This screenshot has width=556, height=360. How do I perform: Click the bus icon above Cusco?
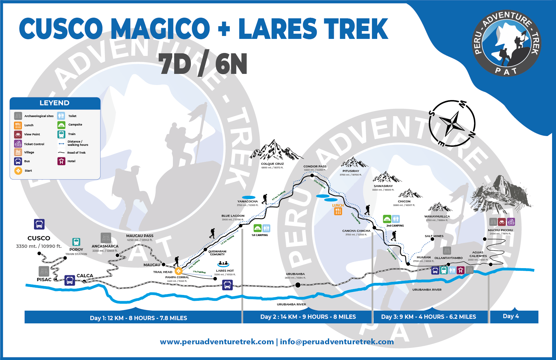pos(39,224)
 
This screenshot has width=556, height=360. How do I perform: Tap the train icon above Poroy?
pos(76,242)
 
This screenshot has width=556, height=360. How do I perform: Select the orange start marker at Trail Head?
pos(178,271)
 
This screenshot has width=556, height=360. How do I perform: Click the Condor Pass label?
pos(315,166)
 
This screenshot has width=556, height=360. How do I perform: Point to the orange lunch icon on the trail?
pos(338,211)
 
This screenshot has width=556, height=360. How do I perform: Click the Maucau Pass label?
pos(140,236)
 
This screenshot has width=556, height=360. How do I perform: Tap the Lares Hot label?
pos(225,271)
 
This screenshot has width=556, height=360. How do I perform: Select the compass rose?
pos(452,123)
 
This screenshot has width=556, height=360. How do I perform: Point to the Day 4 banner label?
pos(511,316)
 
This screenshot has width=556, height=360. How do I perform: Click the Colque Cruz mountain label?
pos(272,164)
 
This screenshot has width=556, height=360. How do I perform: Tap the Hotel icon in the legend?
pos(61,161)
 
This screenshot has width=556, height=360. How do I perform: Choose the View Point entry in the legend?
pos(32,134)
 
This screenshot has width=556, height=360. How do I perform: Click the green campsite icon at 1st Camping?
pos(258,228)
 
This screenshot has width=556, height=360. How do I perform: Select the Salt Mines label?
pos(434,236)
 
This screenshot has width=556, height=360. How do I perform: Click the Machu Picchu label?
pos(500,230)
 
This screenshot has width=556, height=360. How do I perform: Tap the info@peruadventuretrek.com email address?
pos(337,342)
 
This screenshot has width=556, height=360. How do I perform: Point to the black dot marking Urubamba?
pos(298,285)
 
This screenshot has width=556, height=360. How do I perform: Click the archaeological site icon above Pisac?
pos(44,271)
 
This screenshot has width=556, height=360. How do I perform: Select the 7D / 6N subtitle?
pos(203,64)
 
